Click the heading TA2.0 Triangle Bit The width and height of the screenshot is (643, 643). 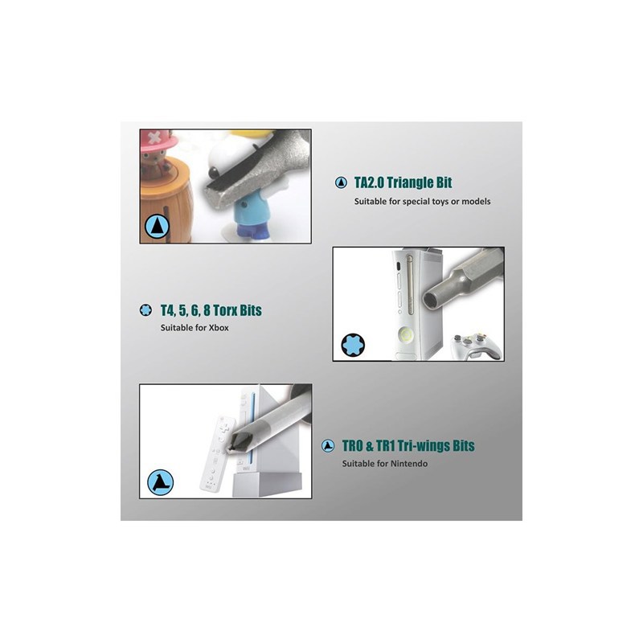point(403,182)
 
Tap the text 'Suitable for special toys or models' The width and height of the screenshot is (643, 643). point(423,202)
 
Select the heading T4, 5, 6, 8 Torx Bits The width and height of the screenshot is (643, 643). point(211,310)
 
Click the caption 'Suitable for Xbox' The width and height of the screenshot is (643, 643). point(195,328)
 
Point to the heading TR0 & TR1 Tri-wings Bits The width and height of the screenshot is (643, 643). point(408,446)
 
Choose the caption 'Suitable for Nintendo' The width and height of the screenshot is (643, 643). point(385,464)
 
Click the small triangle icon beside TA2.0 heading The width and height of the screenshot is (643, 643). point(341,182)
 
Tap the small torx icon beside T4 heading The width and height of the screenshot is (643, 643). point(145,310)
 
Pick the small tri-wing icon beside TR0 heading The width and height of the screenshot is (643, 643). point(328,446)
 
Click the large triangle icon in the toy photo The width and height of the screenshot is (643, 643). point(157,227)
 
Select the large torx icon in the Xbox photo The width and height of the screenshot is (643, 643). point(353,345)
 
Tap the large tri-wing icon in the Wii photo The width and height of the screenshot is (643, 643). point(160,482)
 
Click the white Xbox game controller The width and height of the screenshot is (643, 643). point(476,346)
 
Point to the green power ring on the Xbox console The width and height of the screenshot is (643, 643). point(406,335)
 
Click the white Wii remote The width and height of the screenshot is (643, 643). point(218,454)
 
